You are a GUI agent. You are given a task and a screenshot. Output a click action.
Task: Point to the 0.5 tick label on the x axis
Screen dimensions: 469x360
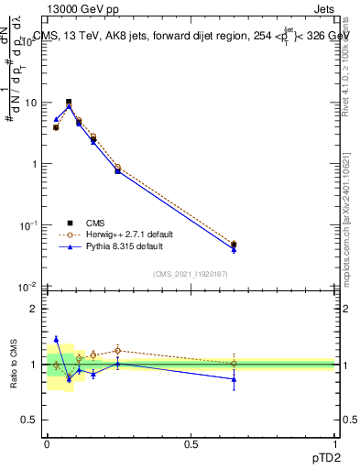191,444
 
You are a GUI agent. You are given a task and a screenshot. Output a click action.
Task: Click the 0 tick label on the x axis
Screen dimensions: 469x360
47,444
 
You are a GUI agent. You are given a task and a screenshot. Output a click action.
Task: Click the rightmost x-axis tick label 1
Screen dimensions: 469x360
334,444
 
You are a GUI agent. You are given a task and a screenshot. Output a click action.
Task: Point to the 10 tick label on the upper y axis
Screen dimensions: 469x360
31,103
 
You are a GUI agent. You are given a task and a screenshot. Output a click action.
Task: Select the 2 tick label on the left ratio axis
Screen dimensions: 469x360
36,310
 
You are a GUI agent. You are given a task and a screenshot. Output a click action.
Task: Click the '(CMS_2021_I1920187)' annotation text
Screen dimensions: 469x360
190,274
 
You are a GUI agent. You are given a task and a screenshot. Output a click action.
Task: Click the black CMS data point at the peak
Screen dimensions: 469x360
69,102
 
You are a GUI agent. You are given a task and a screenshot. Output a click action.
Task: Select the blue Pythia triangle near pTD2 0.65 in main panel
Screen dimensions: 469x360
234,249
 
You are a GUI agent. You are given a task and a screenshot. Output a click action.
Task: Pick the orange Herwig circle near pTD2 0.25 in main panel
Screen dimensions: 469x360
118,168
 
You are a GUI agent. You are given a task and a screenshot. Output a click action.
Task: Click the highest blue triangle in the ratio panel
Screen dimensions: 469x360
56,339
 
